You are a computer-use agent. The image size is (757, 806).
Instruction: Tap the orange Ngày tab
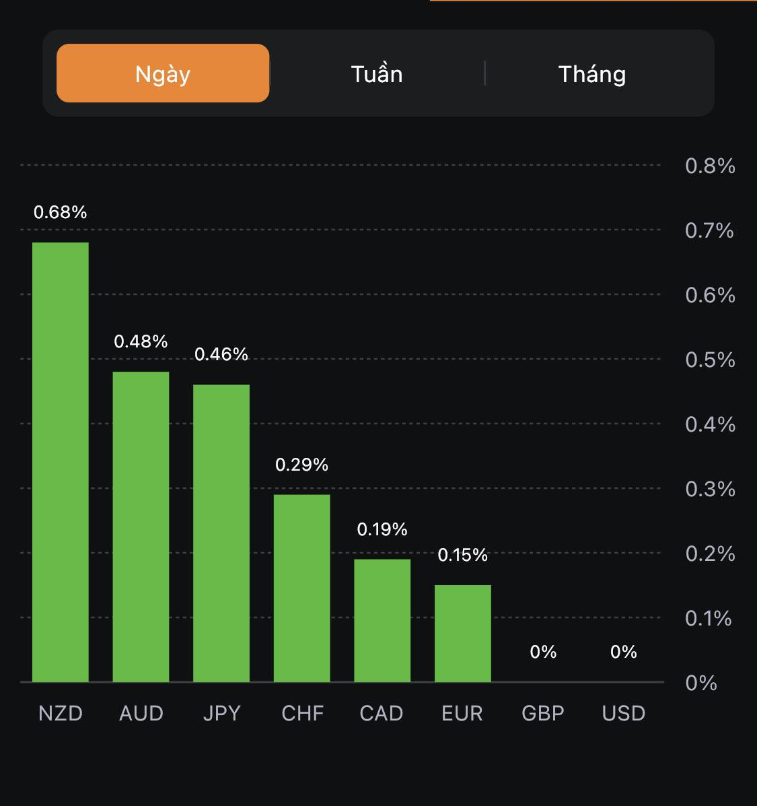(163, 73)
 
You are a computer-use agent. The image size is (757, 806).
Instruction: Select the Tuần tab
(377, 73)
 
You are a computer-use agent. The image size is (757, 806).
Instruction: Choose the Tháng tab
(592, 73)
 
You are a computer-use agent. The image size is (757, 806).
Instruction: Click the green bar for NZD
(61, 462)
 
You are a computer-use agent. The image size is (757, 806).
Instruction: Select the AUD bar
(141, 527)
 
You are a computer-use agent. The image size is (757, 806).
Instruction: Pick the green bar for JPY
(221, 533)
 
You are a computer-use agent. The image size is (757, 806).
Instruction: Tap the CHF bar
(301, 588)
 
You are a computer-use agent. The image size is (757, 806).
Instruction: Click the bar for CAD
(382, 620)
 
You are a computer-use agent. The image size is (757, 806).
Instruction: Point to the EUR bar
(463, 633)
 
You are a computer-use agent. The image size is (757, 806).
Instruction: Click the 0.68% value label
(61, 212)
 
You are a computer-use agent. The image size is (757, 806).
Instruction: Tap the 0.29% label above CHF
(301, 465)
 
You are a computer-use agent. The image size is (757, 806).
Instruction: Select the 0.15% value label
(463, 555)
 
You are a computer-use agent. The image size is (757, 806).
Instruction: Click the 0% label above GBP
(543, 652)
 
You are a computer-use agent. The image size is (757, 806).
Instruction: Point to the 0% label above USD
(624, 652)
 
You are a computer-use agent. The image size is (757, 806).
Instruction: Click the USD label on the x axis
(624, 713)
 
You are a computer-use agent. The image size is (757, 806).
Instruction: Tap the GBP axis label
(543, 713)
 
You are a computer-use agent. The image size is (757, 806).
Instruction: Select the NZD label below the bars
(61, 713)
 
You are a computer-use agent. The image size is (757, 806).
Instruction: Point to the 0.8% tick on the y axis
(710, 166)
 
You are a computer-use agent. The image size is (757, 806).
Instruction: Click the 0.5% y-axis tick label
(710, 360)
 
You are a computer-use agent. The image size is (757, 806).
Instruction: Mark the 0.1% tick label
(708, 618)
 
